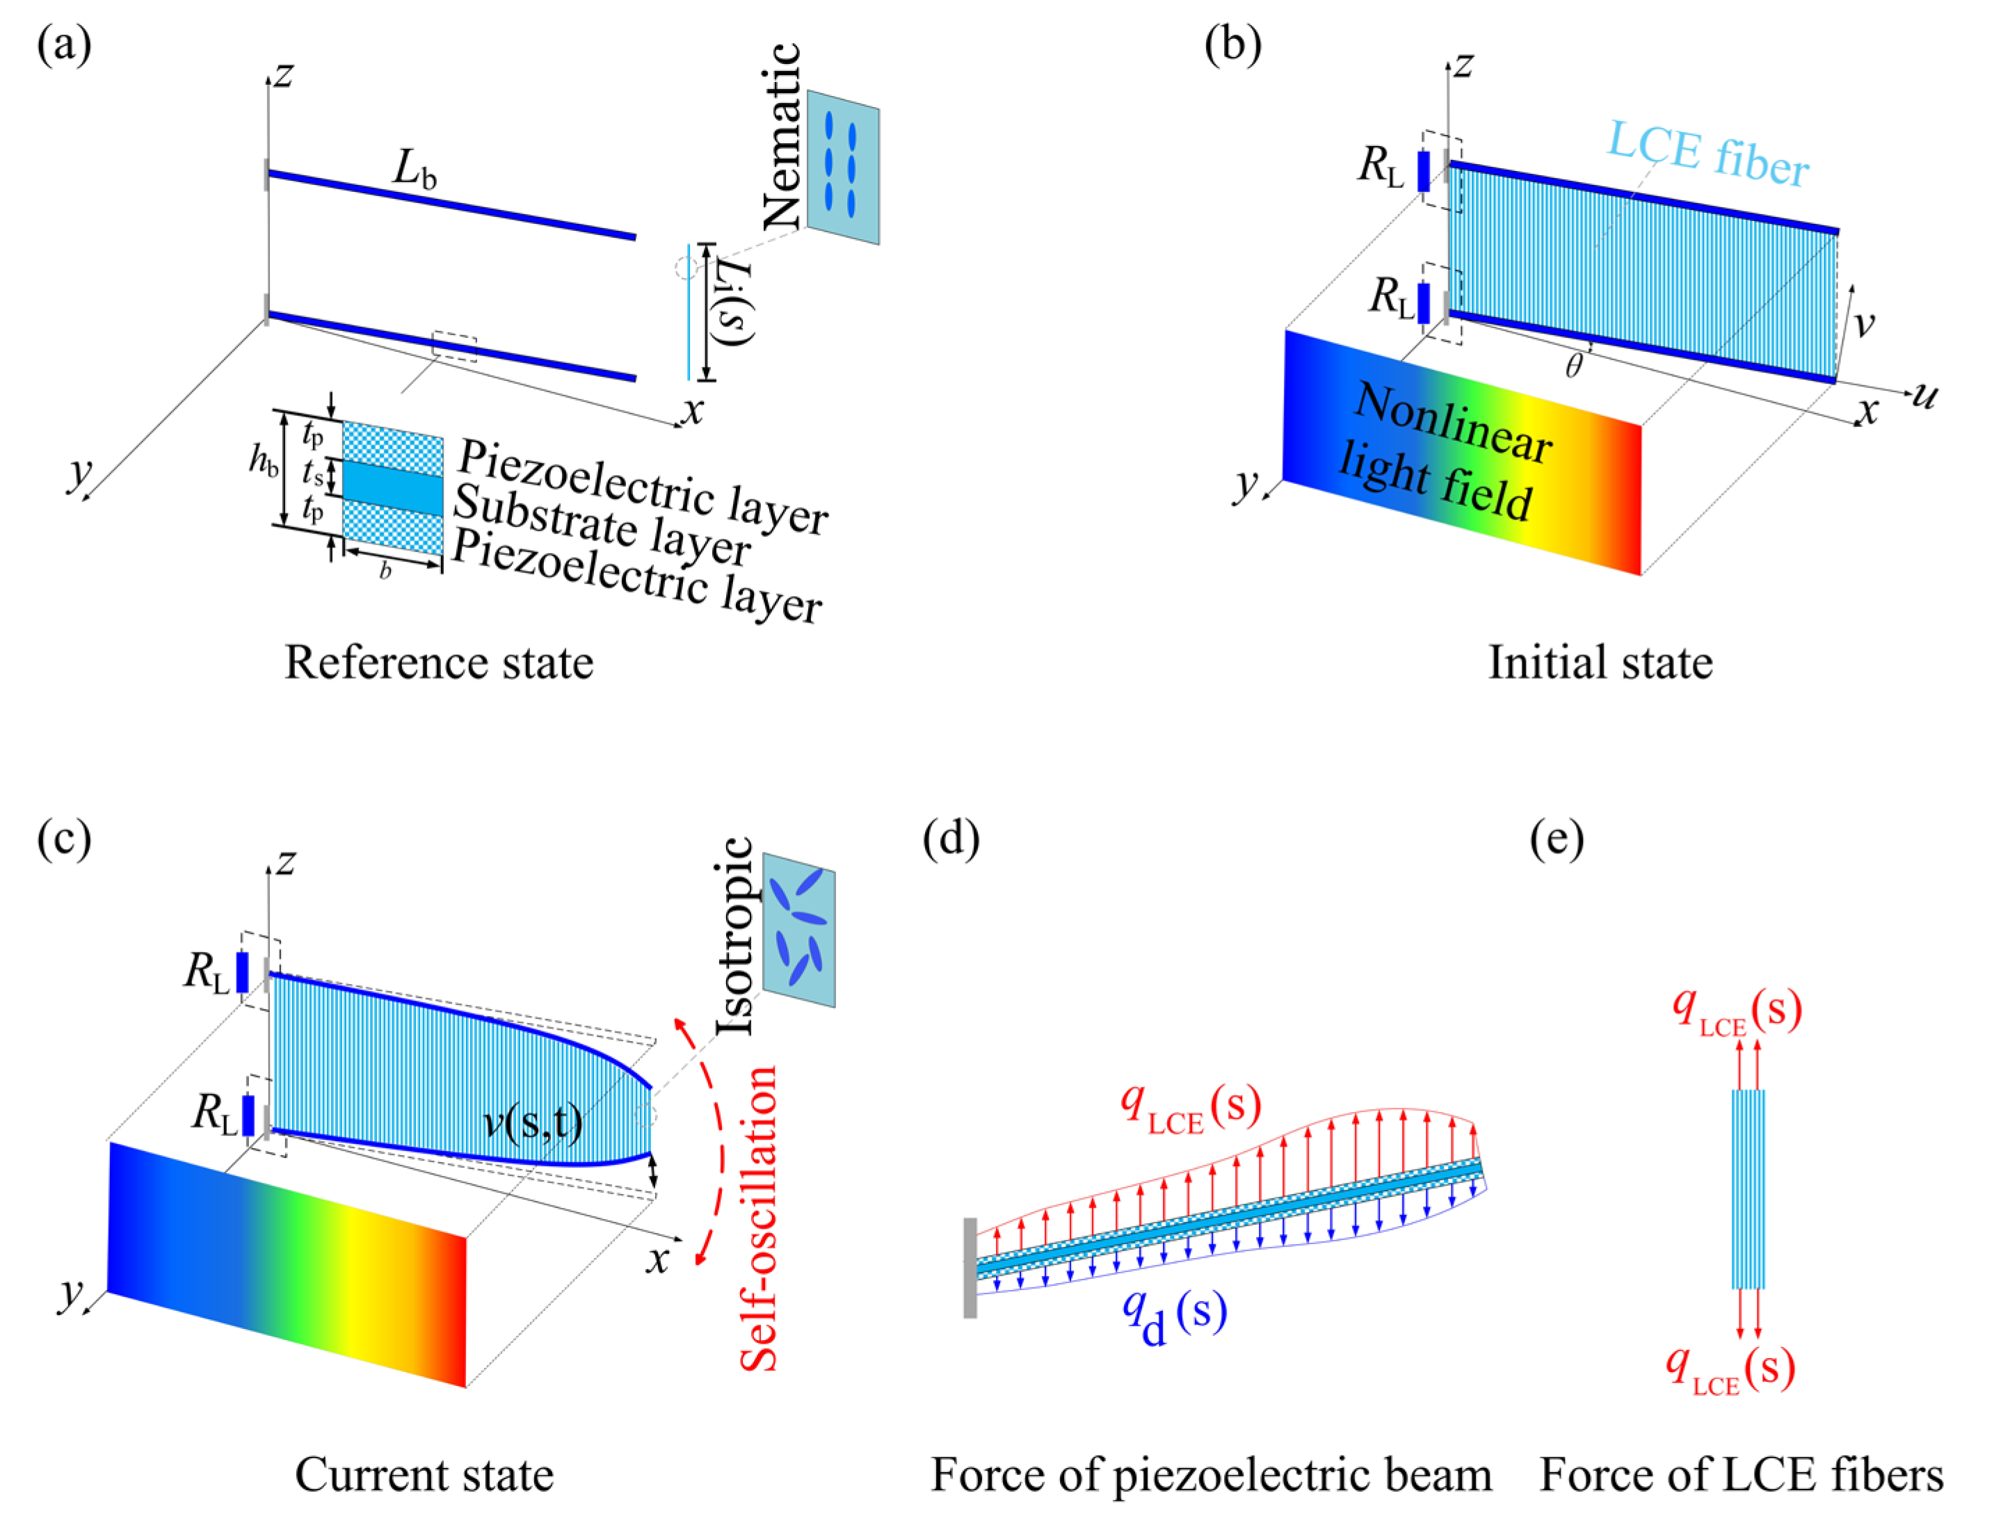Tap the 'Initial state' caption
pos(1600,663)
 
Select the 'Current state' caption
pos(424,1474)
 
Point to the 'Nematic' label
pos(782,136)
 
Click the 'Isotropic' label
pos(735,936)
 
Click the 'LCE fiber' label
pos(1707,155)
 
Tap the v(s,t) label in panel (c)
pos(533,1126)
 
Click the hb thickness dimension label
pos(264,463)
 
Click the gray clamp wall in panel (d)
pos(970,1266)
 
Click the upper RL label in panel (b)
pos(1381,168)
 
